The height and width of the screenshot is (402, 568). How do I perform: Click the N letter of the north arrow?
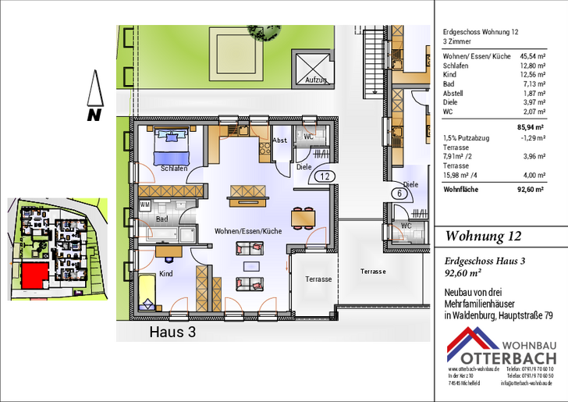click(94, 115)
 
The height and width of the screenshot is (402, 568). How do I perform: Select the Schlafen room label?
click(173, 169)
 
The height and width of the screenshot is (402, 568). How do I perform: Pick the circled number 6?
click(399, 194)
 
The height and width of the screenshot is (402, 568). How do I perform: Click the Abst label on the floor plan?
click(279, 141)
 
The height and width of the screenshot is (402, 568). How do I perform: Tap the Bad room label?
click(162, 219)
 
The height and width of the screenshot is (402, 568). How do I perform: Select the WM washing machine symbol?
click(144, 205)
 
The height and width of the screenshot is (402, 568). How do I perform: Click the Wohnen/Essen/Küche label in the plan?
click(249, 231)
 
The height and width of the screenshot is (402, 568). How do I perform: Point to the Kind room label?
click(166, 274)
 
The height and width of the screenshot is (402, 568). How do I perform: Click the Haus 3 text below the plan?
click(172, 332)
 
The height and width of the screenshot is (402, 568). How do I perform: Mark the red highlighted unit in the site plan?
click(34, 274)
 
